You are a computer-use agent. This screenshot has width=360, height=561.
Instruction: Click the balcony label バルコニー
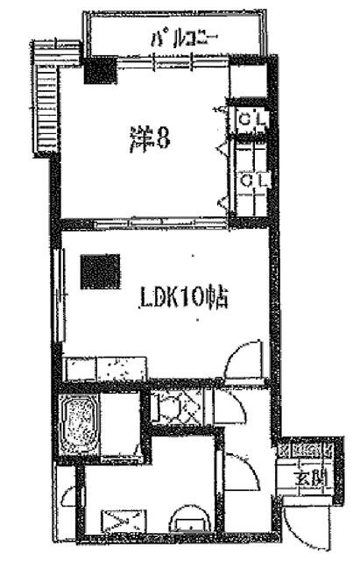[183, 37]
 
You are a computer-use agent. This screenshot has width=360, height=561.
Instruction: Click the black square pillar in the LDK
[100, 272]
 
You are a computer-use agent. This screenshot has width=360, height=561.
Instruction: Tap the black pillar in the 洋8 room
[99, 69]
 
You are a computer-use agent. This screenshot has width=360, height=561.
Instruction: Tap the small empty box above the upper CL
[247, 86]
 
